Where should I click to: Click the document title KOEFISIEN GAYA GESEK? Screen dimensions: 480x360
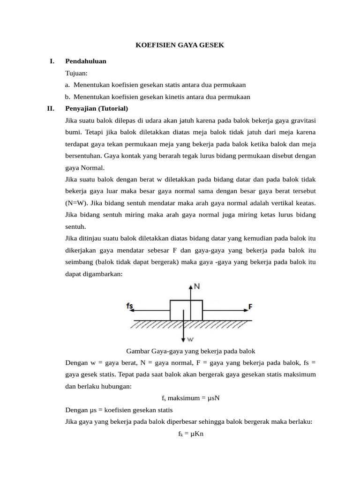pyautogui.click(x=180, y=45)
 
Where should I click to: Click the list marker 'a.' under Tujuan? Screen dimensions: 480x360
pyautogui.click(x=68, y=85)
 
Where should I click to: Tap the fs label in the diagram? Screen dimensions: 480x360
pyautogui.click(x=130, y=307)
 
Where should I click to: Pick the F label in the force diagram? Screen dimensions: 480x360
pyautogui.click(x=250, y=307)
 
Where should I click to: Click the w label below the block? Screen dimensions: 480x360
pyautogui.click(x=190, y=339)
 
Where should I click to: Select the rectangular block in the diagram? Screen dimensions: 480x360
pyautogui.click(x=186, y=310)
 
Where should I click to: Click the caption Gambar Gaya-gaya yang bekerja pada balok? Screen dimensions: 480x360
pyautogui.click(x=190, y=351)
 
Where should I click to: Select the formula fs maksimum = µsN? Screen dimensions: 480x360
pyautogui.click(x=190, y=398)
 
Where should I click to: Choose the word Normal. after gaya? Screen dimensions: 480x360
pyautogui.click(x=93, y=168)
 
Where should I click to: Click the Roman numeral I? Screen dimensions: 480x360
pyautogui.click(x=52, y=61)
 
